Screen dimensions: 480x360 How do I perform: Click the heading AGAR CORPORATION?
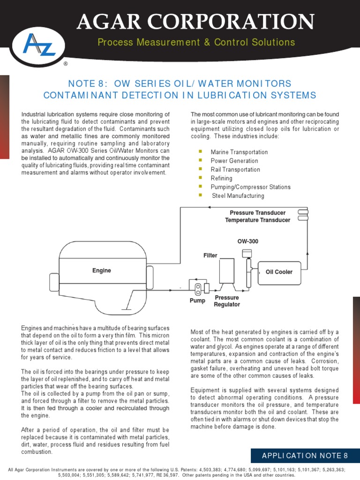tap(195, 22)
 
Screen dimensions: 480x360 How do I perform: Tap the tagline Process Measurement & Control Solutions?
tap(196, 43)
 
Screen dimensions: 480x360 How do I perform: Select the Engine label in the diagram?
tap(102, 270)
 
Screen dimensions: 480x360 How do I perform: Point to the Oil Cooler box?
tap(279, 272)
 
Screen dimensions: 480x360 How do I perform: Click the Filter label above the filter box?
tap(210, 255)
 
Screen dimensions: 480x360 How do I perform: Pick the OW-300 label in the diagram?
tap(248, 241)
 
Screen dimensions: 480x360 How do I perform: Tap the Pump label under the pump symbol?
tap(197, 300)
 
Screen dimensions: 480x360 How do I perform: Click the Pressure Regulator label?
tap(227, 301)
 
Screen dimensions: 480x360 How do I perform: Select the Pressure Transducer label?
tap(257, 213)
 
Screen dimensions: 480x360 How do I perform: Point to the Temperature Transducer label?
tap(258, 220)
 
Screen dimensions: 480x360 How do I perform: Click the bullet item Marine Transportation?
tap(239, 152)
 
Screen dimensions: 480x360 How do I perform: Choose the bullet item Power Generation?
tap(234, 161)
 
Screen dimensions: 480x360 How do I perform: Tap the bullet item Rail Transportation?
tap(235, 170)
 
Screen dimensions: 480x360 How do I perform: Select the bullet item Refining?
tap(221, 178)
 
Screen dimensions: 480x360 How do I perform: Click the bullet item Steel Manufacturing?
tap(238, 195)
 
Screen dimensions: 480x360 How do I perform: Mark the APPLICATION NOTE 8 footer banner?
tap(305, 456)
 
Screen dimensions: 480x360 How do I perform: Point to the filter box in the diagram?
tap(227, 270)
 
